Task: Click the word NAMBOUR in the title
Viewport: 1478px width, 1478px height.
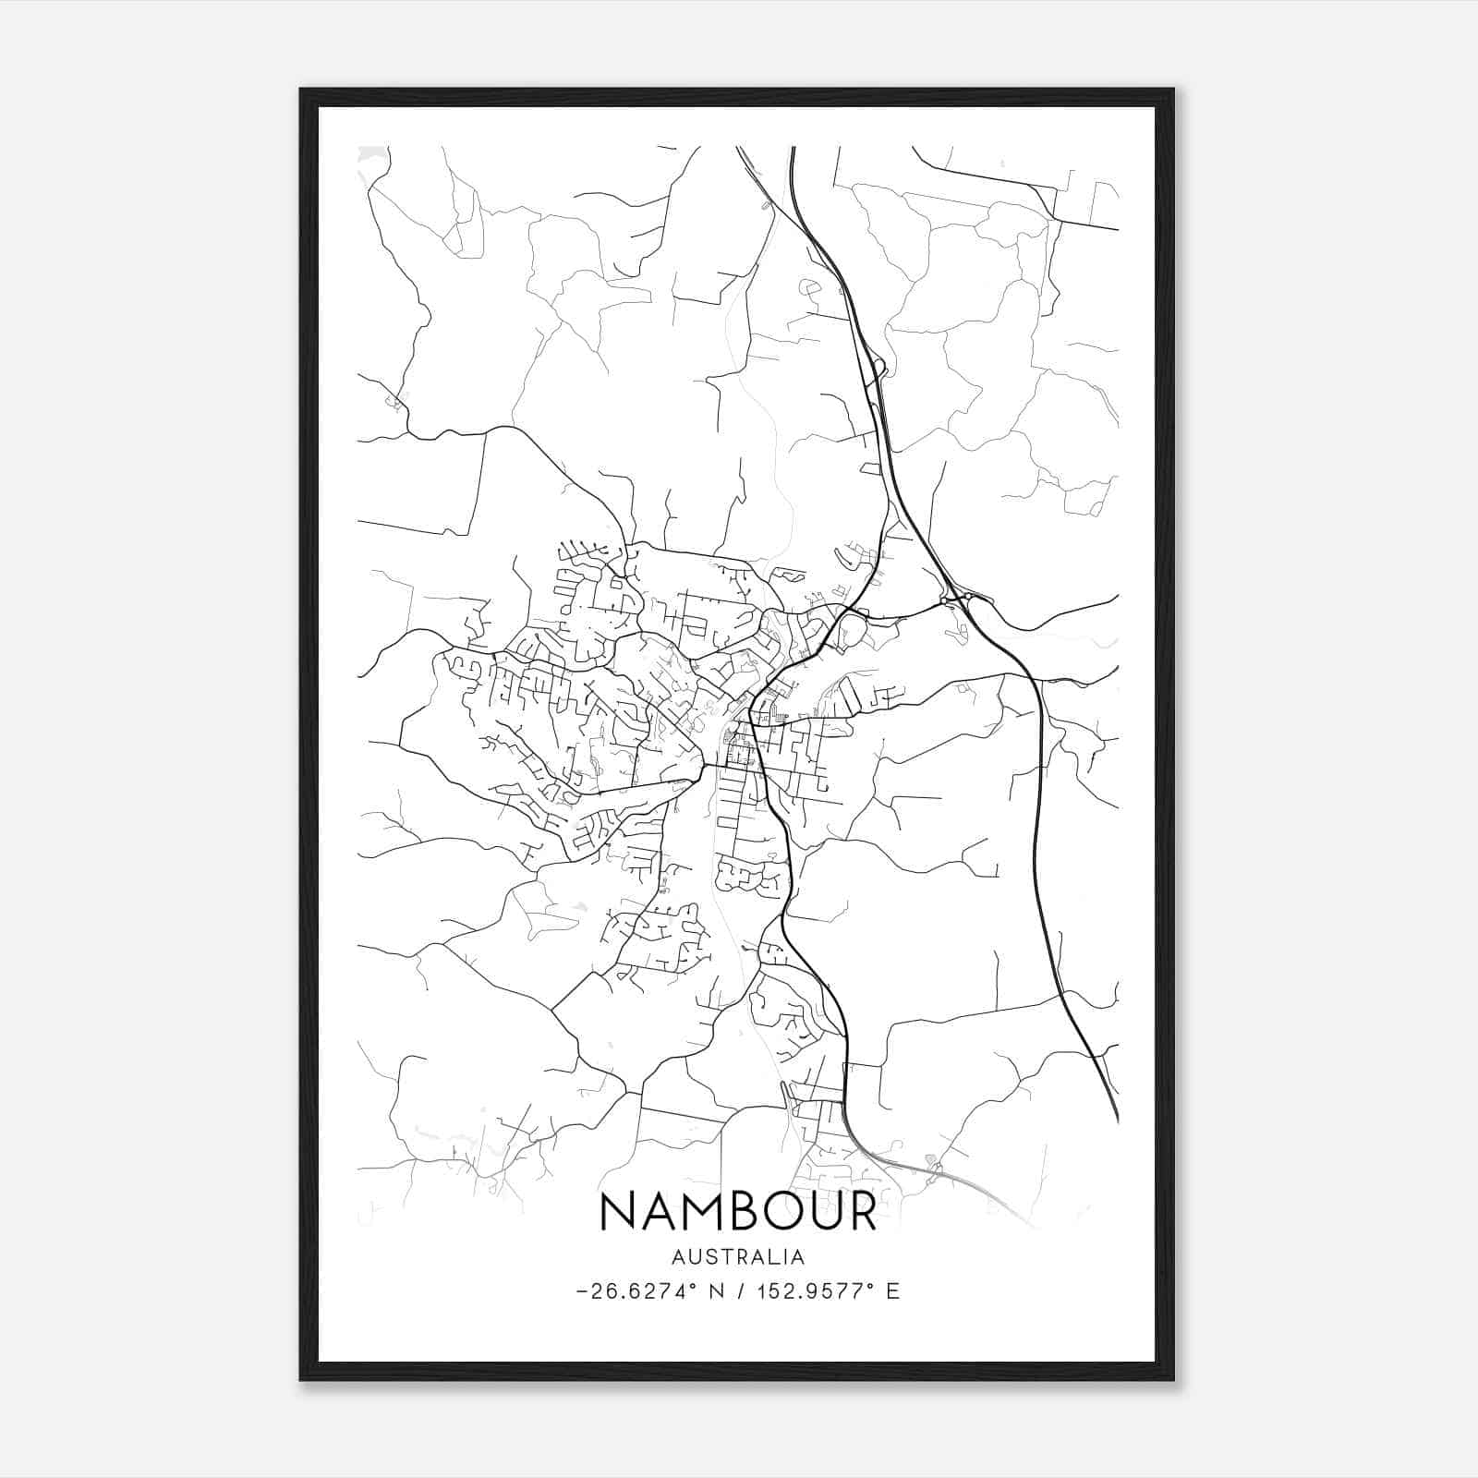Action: point(738,1211)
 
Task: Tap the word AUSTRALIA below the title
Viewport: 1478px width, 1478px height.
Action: point(738,1257)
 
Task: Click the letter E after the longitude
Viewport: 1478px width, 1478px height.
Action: point(892,1291)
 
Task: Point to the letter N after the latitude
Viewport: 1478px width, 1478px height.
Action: point(716,1291)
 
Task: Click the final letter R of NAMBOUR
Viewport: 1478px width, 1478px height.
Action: point(861,1211)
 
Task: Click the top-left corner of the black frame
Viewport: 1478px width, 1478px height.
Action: point(302,91)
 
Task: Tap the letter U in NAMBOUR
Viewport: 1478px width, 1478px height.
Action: point(820,1211)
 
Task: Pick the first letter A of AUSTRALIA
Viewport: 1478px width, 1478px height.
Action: point(678,1257)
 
